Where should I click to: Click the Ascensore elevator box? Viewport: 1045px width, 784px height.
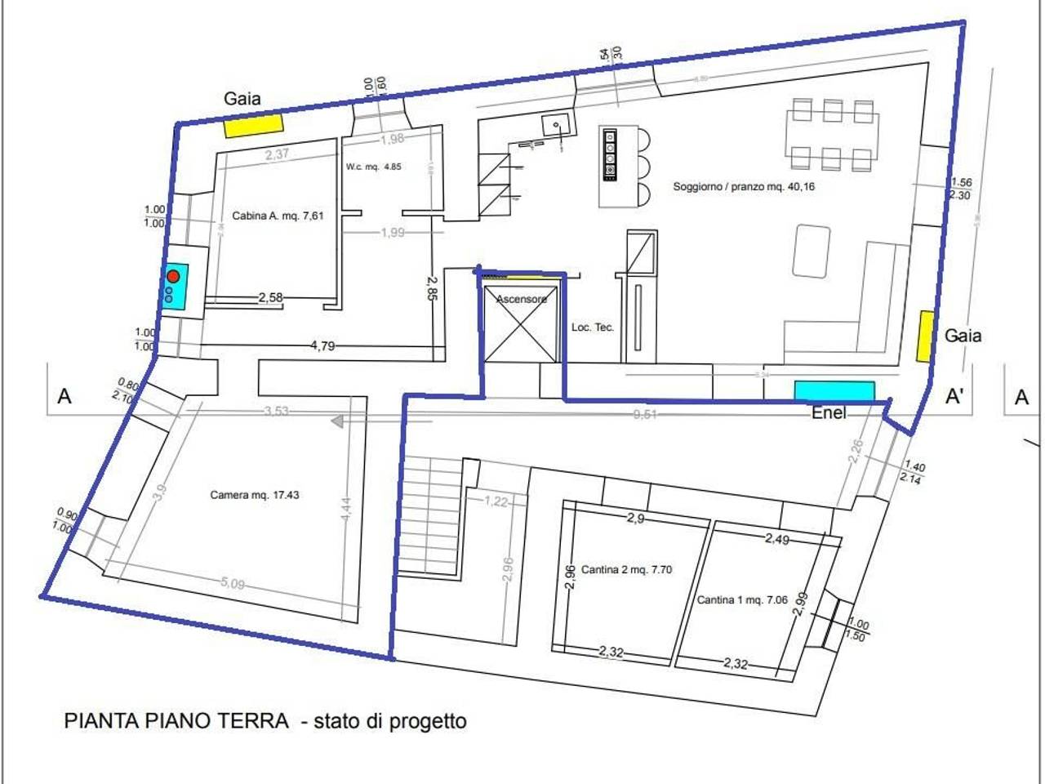(521, 323)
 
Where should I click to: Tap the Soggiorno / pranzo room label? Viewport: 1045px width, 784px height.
(743, 187)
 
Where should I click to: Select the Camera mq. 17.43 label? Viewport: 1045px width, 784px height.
(254, 495)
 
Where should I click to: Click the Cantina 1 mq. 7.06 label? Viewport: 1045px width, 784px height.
(741, 600)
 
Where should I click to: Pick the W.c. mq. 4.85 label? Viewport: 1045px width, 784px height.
(373, 167)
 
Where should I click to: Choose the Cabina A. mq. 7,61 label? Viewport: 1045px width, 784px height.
(278, 216)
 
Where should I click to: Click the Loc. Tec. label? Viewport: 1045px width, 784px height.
(593, 327)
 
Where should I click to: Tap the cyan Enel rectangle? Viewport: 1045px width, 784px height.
(834, 391)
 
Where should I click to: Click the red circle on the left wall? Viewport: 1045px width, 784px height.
(173, 276)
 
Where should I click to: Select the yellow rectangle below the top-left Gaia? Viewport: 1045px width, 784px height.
(254, 126)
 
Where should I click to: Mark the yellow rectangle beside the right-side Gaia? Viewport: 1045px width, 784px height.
(926, 336)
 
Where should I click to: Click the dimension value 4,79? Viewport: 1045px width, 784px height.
(322, 346)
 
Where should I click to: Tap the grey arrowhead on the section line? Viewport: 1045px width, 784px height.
(336, 421)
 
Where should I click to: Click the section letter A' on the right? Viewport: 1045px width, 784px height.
(954, 397)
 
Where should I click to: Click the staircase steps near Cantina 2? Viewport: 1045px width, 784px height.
(429, 514)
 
